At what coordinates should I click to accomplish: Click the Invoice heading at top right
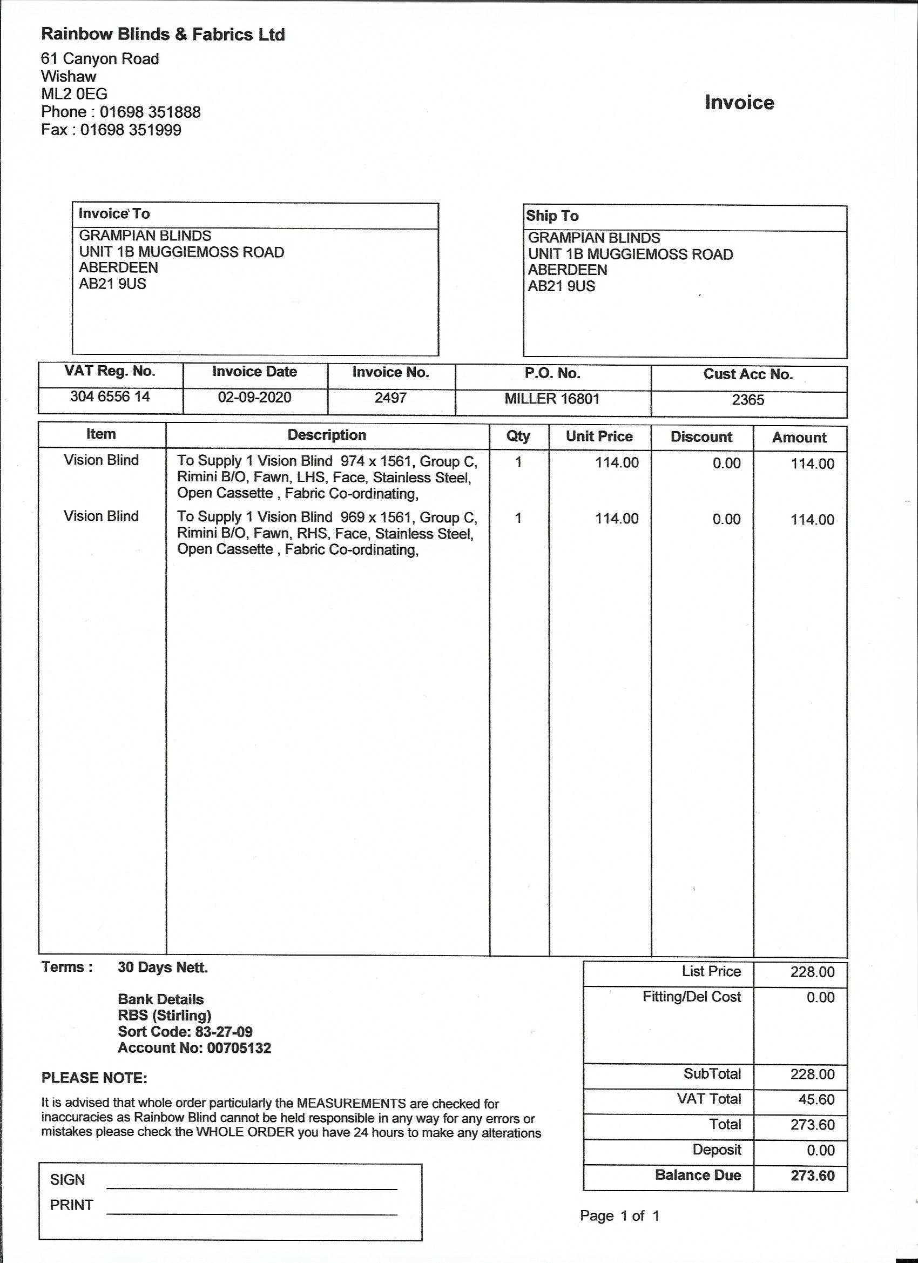click(x=739, y=103)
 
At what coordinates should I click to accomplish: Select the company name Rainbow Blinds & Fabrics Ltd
click(x=163, y=35)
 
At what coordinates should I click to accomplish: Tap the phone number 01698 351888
click(x=150, y=112)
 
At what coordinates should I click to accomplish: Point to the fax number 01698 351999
click(x=131, y=130)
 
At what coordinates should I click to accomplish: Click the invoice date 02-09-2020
click(x=254, y=398)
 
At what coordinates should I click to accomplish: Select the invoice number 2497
click(x=390, y=398)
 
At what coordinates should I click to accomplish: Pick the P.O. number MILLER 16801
click(x=552, y=399)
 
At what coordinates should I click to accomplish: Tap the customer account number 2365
click(x=748, y=400)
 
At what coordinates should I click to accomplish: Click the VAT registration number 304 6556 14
click(x=110, y=397)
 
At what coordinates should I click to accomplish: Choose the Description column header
click(x=327, y=435)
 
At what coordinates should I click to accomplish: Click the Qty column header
click(x=518, y=436)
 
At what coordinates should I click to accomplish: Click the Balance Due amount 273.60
click(x=812, y=1175)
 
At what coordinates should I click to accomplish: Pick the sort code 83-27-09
click(x=224, y=1031)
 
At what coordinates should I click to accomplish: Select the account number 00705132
click(x=239, y=1048)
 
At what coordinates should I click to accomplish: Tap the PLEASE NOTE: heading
click(x=94, y=1078)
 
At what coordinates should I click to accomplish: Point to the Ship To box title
click(x=552, y=216)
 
